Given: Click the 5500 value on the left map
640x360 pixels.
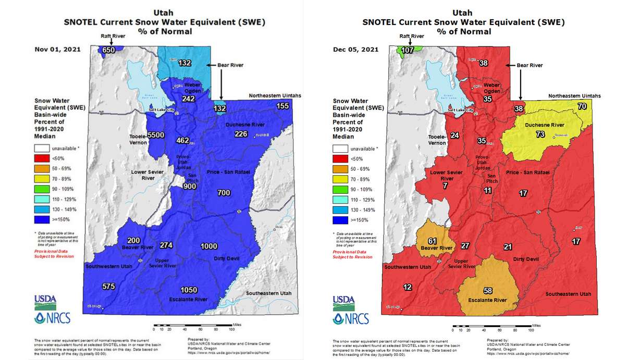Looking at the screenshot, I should (155, 135).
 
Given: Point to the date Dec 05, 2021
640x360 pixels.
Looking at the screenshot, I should (355, 50).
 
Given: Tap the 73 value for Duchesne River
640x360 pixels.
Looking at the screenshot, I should (540, 134).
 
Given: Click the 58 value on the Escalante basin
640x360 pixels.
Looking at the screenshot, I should (488, 290).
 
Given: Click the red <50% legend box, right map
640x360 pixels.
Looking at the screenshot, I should (340, 158).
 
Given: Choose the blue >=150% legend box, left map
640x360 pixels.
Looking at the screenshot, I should (42, 220).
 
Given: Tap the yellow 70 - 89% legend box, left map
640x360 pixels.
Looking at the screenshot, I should (42, 179).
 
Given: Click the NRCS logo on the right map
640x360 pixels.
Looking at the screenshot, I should (351, 318).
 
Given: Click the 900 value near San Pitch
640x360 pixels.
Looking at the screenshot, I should (190, 186).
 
